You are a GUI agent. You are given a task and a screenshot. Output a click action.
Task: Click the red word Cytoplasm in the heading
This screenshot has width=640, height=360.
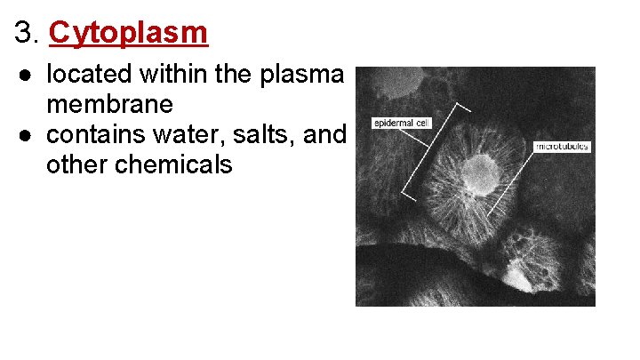[129, 33]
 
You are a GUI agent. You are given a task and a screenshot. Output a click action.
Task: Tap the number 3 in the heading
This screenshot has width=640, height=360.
[24, 34]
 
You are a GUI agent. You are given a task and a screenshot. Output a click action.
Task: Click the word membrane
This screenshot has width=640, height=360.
[110, 104]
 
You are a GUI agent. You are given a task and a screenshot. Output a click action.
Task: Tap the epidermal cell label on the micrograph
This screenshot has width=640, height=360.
[402, 122]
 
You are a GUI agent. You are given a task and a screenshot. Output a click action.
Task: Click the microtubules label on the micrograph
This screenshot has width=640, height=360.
[562, 145]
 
